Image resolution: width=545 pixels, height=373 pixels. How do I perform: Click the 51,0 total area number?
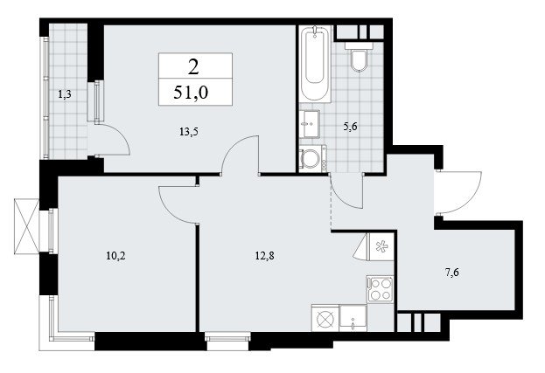[x=191, y=93]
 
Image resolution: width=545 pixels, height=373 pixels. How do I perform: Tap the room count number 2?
[x=193, y=67]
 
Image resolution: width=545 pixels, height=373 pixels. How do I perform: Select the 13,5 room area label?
[x=191, y=132]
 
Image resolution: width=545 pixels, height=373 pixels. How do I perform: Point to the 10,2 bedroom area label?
[x=115, y=257]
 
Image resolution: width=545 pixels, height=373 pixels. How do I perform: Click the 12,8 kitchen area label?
[x=264, y=256]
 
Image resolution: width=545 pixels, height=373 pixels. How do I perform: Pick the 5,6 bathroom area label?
[x=350, y=127]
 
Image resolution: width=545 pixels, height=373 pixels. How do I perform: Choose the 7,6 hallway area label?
[x=452, y=273]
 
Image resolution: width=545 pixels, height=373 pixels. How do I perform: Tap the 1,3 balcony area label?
[x=65, y=94]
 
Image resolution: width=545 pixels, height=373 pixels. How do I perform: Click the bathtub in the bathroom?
[x=315, y=64]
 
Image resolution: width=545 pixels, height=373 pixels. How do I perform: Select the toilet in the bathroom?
[x=359, y=57]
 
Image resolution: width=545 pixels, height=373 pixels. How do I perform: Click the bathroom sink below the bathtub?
[x=310, y=124]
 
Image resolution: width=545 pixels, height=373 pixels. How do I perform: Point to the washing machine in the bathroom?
[x=312, y=159]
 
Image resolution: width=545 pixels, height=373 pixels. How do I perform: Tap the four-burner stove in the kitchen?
[x=381, y=289]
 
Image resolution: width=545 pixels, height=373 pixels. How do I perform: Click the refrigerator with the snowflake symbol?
[x=381, y=246]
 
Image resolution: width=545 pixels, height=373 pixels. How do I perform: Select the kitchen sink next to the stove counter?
[x=353, y=318]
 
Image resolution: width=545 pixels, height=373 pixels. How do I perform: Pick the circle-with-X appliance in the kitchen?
[x=325, y=318]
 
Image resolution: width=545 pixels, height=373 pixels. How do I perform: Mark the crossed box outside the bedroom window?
[x=27, y=226]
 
